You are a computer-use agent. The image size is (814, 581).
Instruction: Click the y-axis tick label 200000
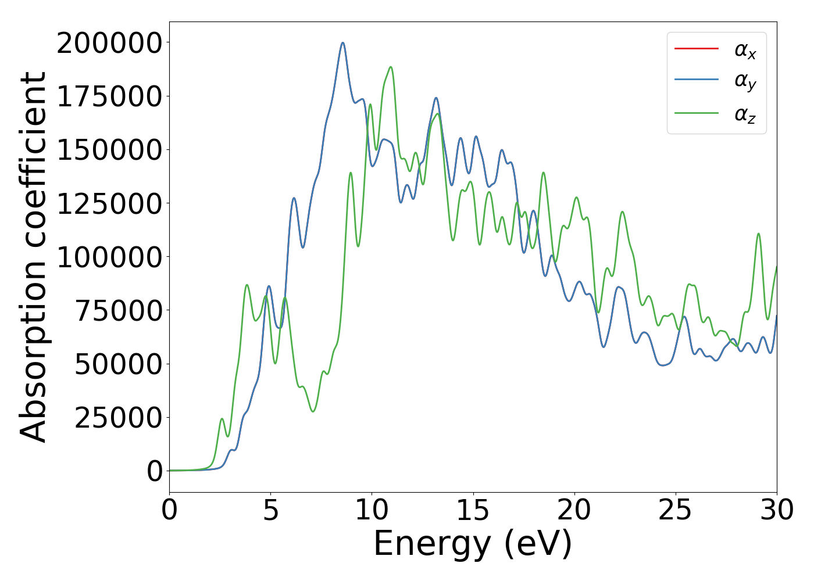pos(109,43)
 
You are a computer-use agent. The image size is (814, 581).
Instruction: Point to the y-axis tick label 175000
pos(109,96)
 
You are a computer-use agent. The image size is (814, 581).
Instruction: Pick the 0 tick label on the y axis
pos(155,471)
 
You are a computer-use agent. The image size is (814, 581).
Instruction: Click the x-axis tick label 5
pos(271,510)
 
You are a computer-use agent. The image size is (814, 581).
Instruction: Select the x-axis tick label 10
pos(372,510)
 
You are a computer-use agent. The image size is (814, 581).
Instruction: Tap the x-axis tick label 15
pos(473,510)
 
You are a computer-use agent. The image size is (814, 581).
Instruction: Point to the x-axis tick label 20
pos(574,510)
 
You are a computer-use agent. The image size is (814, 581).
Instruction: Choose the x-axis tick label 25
pos(676,510)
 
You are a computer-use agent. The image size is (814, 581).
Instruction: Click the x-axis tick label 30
pos(777,510)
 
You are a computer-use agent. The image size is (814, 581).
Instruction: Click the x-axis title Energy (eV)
pos(473,544)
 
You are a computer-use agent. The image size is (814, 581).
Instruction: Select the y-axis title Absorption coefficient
pos(34,257)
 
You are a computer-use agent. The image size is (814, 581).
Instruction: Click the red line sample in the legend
pos(696,49)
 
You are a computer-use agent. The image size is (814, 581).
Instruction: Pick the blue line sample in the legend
pos(696,81)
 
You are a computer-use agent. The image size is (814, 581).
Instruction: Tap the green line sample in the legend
pos(696,113)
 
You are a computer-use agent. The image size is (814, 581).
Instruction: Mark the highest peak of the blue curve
pos(343,42)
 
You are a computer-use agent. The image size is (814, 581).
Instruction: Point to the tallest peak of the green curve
pos(391,67)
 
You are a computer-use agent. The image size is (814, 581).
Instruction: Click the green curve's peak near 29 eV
pos(758,234)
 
